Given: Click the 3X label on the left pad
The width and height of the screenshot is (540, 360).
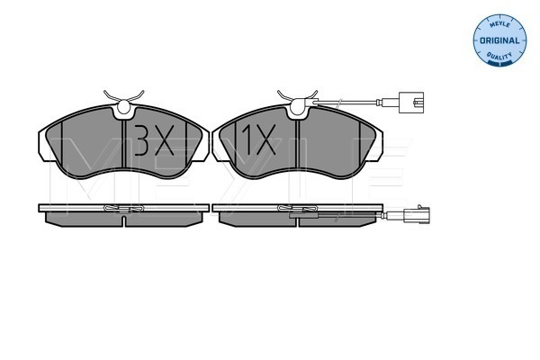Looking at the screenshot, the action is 154,140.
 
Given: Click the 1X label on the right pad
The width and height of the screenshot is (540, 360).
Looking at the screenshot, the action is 258,139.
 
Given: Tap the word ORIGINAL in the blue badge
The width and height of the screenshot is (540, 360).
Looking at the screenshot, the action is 499,40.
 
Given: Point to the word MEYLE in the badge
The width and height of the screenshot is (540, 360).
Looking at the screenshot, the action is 499,25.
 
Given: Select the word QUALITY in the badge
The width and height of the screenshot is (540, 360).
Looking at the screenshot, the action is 499,55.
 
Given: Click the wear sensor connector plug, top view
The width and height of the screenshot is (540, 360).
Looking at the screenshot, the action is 411,103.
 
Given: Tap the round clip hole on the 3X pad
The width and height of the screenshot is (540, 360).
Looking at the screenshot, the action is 124,106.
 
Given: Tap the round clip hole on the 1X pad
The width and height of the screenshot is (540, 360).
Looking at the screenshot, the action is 298,106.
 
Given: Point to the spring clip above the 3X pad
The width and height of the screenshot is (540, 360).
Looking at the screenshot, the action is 123,96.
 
